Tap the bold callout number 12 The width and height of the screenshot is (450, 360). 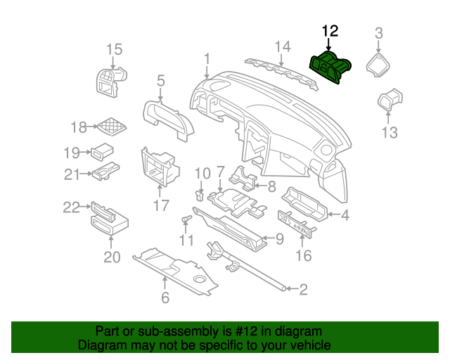tap(330, 31)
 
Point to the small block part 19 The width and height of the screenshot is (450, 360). tap(103, 150)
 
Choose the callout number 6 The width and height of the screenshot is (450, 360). tap(165, 297)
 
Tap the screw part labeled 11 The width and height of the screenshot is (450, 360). tap(187, 220)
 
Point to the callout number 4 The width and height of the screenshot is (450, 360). tap(345, 215)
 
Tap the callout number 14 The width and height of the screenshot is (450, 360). tap(282, 47)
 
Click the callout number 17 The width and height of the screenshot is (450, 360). tap(161, 205)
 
